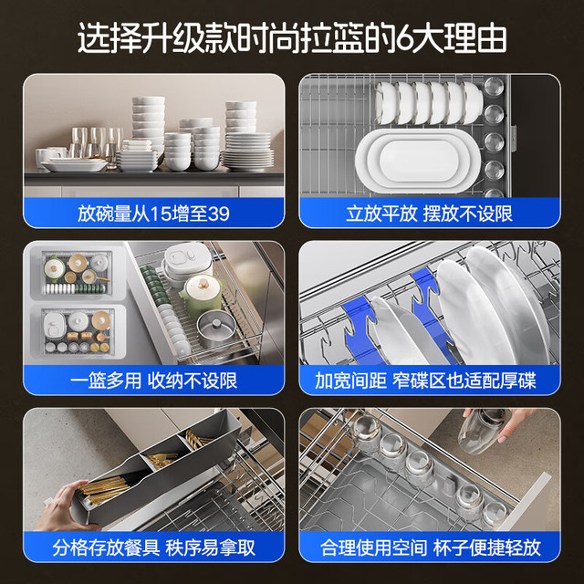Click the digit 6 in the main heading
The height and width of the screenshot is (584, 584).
click(x=406, y=38)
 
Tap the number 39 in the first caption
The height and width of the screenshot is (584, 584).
click(x=219, y=214)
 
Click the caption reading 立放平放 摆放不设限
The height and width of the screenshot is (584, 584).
click(x=429, y=214)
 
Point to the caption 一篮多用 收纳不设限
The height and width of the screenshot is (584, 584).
click(x=153, y=381)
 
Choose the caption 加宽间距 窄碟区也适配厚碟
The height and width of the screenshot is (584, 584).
click(x=425, y=381)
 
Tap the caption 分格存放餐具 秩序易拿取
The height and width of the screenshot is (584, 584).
click(x=154, y=547)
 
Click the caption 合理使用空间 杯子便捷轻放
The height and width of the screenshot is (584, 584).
click(x=430, y=547)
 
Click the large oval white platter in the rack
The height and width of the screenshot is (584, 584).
click(x=418, y=161)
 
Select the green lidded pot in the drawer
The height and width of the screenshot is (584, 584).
click(x=202, y=294)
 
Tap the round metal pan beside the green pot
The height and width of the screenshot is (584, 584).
click(x=216, y=328)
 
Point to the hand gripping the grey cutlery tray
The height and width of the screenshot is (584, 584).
click(x=61, y=507)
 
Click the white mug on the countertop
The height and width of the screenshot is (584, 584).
click(x=47, y=156)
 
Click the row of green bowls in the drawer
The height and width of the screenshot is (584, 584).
click(x=153, y=286)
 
